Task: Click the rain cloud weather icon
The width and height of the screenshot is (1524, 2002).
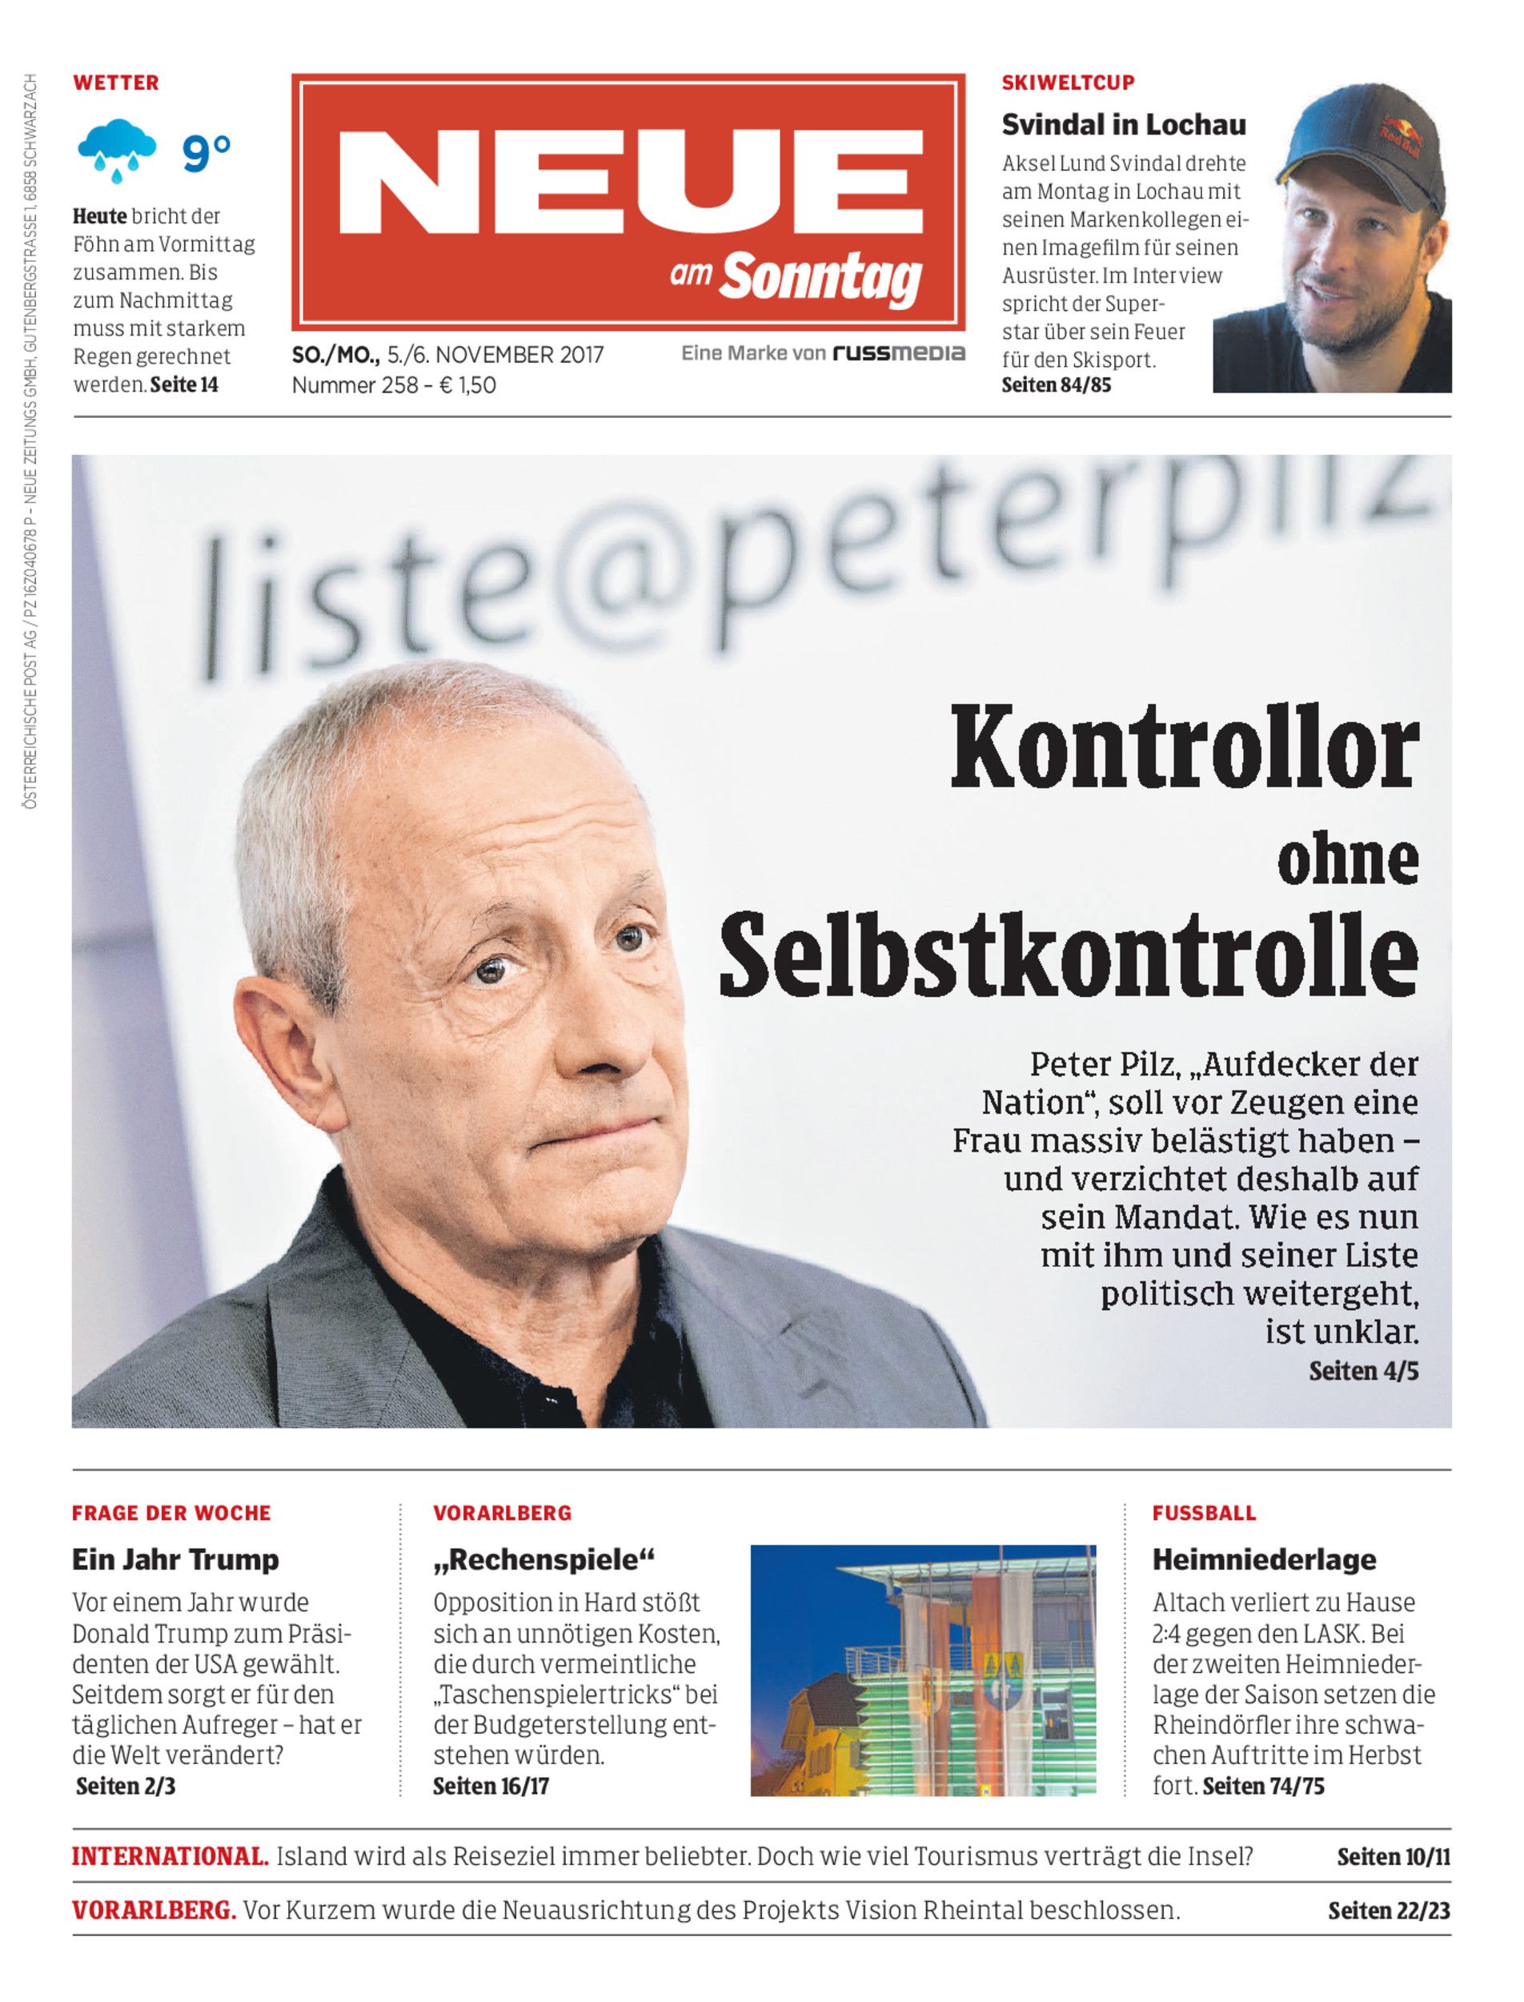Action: (116, 150)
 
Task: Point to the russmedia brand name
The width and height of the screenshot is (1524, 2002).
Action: (898, 353)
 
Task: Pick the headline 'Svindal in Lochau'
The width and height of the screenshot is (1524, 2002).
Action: (1123, 124)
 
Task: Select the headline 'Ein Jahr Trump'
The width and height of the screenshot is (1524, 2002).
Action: (175, 1560)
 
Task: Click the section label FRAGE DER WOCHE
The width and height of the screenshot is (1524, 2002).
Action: (171, 1513)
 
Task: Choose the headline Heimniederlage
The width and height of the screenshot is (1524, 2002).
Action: (1264, 1560)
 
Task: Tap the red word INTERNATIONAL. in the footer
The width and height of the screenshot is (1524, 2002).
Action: (170, 1856)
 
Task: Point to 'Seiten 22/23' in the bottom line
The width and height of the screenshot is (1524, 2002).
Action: (1389, 1911)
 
